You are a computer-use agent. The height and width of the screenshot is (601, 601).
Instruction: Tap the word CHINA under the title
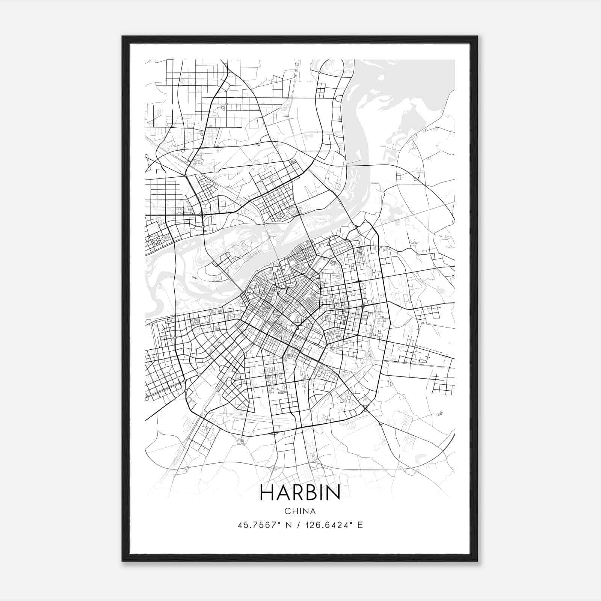click(300, 511)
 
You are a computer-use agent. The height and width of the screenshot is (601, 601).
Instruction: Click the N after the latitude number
click(289, 525)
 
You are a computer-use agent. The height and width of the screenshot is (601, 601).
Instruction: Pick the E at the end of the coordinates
click(360, 525)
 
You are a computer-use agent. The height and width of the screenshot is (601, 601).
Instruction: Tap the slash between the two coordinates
click(299, 525)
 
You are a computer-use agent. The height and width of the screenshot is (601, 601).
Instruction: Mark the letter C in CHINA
click(287, 511)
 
